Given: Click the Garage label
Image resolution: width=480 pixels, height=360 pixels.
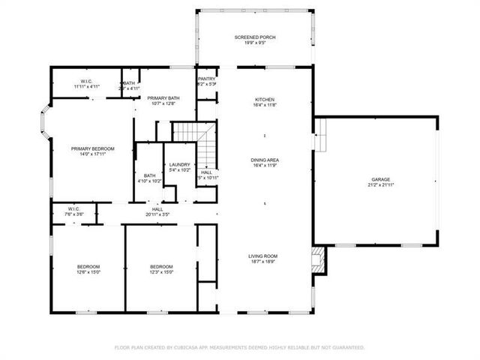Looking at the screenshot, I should point(380,179).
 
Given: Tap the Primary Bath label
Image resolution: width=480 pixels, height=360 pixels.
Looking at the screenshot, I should point(163,98).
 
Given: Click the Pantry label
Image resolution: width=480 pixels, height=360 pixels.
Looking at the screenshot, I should point(207,79).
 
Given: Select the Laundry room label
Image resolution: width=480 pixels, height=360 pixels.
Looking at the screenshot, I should point(179,164).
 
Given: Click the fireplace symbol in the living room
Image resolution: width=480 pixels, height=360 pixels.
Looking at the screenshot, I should point(319,259).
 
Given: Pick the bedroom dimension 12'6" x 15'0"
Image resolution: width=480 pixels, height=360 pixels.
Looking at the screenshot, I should point(88,272).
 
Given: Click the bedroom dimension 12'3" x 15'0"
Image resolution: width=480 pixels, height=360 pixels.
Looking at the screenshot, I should point(161,272).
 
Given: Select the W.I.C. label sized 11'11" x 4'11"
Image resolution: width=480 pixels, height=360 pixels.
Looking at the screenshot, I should point(87,86).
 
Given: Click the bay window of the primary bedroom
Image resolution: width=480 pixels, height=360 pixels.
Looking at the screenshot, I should point(45,125).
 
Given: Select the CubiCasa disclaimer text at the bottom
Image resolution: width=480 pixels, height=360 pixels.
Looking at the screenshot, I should point(239,347).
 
